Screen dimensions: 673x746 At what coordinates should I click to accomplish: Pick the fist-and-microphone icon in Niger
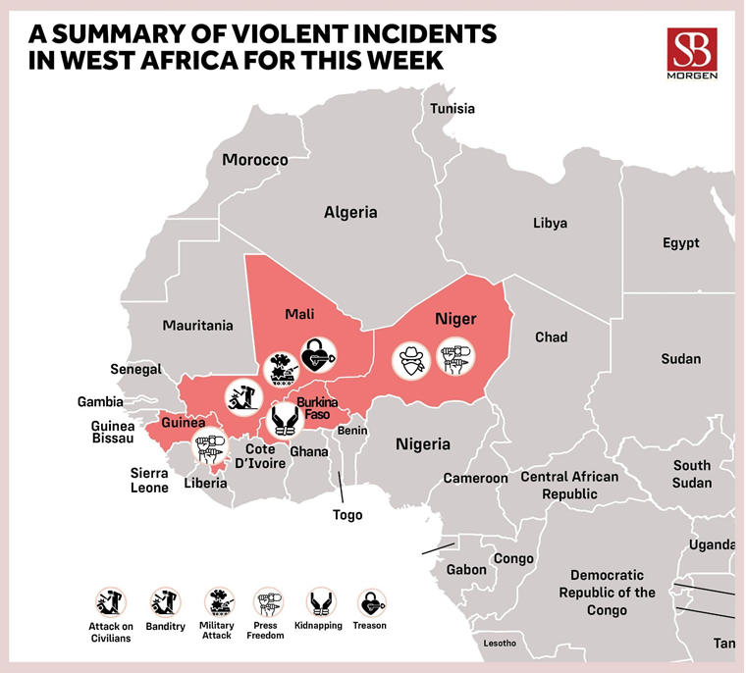[x=454, y=356]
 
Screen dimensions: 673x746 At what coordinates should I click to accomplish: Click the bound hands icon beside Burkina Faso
[x=286, y=421]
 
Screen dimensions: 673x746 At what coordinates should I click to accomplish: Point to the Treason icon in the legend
[x=369, y=601]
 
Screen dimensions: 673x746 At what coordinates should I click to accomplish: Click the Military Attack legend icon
[x=217, y=601]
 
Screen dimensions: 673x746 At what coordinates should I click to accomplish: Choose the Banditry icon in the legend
[x=163, y=601]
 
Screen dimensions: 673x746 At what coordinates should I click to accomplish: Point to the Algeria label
[x=350, y=212]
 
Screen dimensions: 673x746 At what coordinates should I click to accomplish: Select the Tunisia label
[x=453, y=108]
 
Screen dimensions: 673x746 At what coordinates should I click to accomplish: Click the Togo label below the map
[x=347, y=515]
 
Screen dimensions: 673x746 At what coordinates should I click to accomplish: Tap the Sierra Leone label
[x=150, y=480]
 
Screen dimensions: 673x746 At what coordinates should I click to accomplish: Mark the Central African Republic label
[x=569, y=486]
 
